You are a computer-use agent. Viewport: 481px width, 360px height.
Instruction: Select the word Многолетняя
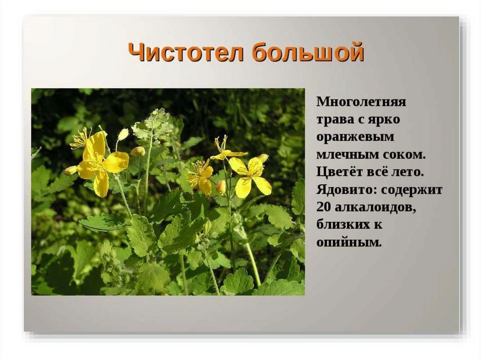click(x=361, y=101)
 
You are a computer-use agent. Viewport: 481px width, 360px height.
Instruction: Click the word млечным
click(x=347, y=154)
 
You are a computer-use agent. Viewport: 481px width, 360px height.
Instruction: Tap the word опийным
click(x=349, y=243)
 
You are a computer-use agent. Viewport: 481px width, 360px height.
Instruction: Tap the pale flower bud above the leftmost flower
click(x=123, y=134)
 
